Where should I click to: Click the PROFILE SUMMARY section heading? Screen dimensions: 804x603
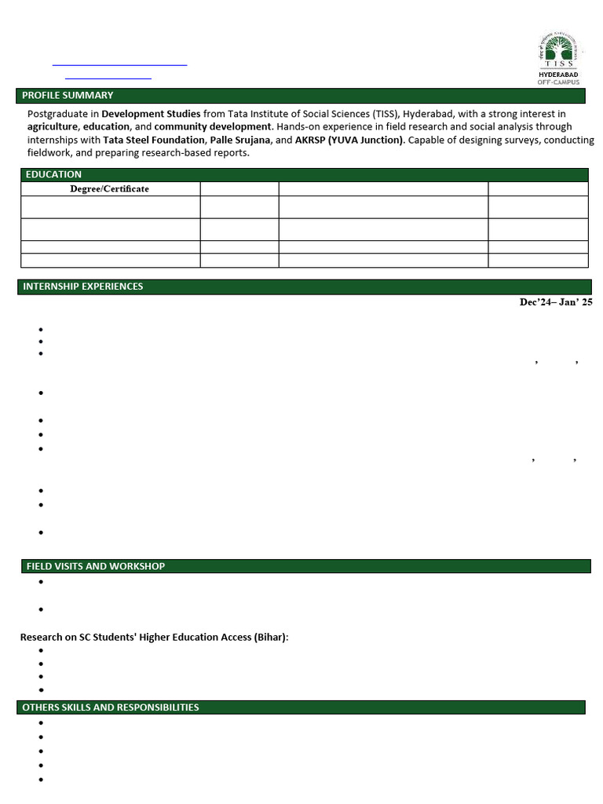point(68,96)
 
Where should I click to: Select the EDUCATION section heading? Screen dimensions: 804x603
point(53,174)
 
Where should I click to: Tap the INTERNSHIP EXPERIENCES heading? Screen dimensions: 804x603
point(83,287)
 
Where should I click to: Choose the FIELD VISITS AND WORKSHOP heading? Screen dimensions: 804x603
point(95,566)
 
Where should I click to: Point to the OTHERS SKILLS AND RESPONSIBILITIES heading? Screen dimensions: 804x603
point(111,707)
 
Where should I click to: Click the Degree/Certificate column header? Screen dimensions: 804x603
point(110,189)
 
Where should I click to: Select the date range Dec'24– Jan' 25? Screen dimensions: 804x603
point(556,302)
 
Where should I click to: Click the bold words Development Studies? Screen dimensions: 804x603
point(151,114)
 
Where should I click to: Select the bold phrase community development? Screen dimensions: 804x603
point(213,126)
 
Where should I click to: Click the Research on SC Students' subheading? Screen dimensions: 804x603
point(154,637)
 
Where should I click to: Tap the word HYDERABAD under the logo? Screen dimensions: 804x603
point(558,75)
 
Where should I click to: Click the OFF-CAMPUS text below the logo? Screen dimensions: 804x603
point(558,82)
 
